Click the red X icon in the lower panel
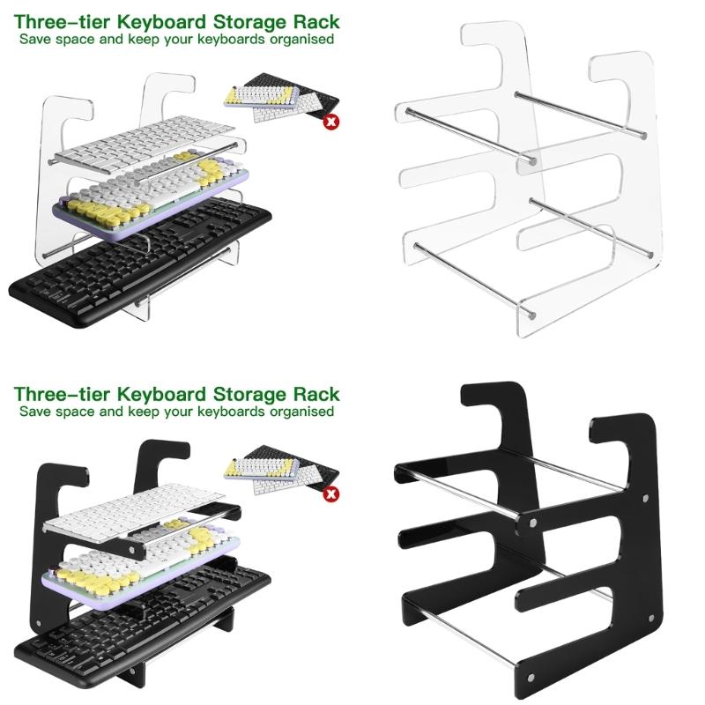tap(331, 495)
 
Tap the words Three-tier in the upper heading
tap(57, 21)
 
